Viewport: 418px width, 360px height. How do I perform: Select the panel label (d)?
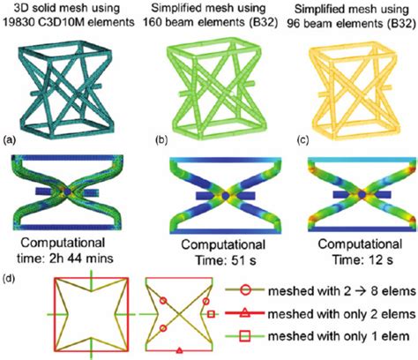click(10, 281)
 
